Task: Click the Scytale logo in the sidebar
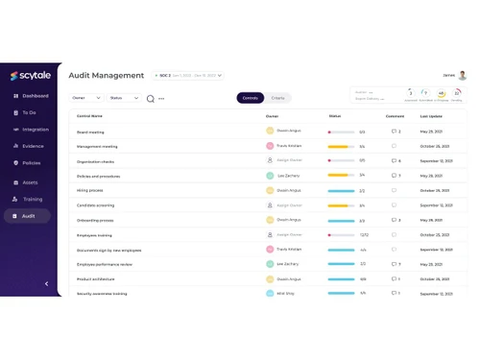coord(28,76)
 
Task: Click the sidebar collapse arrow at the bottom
coord(46,283)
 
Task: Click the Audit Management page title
coord(107,75)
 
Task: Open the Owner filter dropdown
coord(85,98)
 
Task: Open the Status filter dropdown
coord(123,98)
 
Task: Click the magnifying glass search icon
coord(151,98)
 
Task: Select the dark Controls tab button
coord(250,98)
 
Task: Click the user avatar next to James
coord(462,75)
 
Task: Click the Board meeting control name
coord(90,132)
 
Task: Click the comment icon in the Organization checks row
coord(394,161)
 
